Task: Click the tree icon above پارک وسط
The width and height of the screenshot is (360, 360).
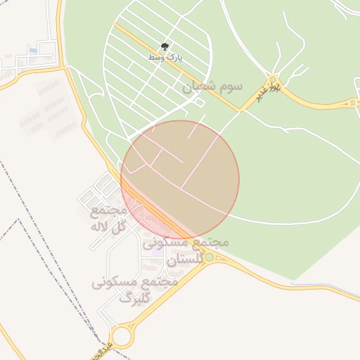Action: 165,46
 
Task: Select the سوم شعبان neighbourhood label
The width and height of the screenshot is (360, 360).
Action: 212,86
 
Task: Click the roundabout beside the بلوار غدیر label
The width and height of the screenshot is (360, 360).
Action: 274,79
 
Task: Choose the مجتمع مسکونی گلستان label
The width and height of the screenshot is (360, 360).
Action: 186,250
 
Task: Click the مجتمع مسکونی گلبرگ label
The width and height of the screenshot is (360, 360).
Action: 134,289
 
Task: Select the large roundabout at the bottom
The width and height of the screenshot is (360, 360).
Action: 122,336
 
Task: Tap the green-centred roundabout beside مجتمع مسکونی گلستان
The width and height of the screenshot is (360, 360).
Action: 209,257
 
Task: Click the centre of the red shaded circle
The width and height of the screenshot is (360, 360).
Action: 180,179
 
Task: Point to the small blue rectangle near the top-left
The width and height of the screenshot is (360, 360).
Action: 33,50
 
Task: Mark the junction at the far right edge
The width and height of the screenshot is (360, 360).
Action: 352,103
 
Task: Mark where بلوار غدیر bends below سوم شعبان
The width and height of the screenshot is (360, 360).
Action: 240,110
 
